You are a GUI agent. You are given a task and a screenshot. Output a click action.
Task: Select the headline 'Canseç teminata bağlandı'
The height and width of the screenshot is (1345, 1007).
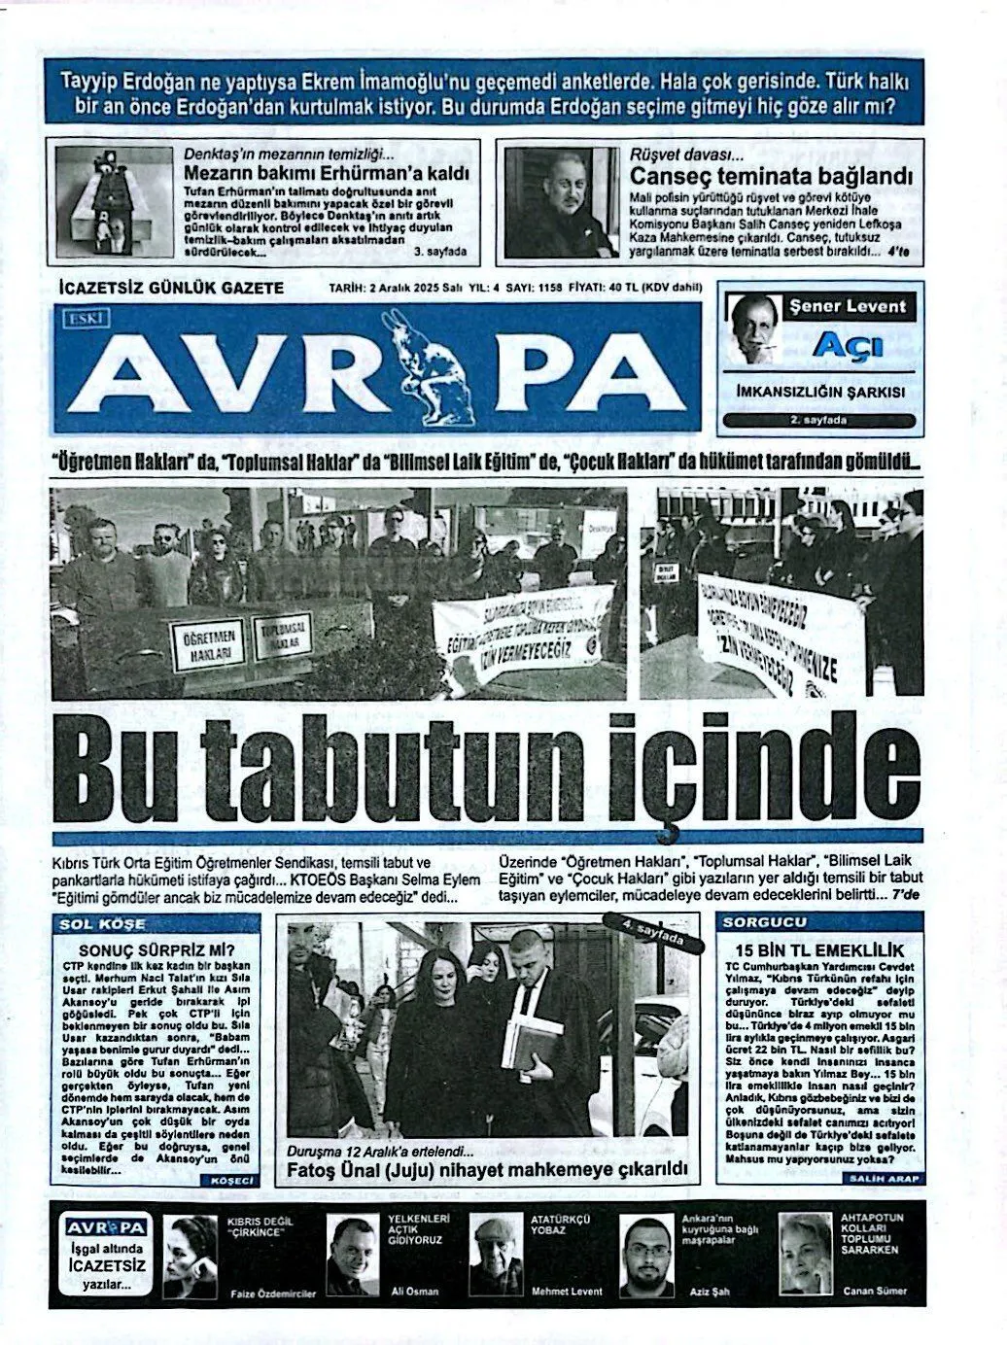click(x=771, y=177)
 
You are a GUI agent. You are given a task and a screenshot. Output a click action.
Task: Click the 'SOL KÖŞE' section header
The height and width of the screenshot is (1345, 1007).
click(x=101, y=924)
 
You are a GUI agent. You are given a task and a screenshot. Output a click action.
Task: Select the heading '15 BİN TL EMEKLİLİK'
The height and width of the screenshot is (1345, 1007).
click(x=820, y=949)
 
